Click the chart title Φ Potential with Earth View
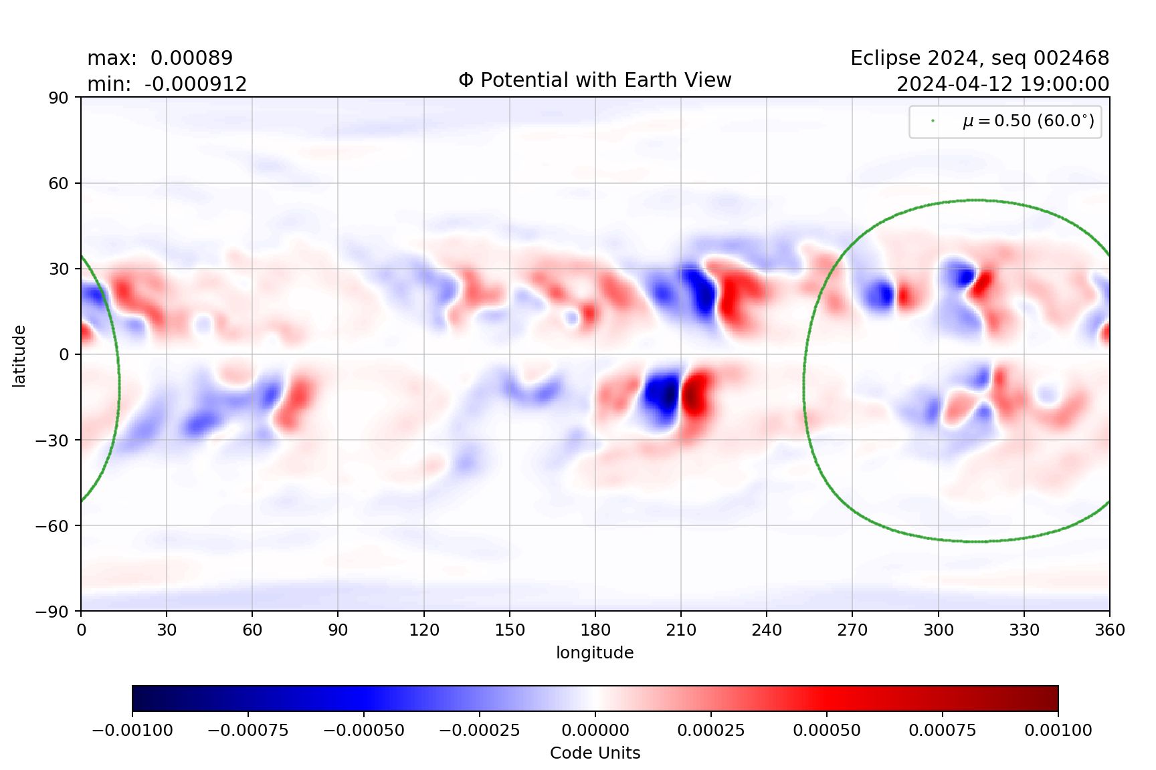point(595,80)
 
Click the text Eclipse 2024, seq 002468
point(979,58)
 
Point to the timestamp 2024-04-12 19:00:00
point(1002,84)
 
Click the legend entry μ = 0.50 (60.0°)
point(1028,121)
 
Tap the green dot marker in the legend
point(933,121)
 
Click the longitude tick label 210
point(681,630)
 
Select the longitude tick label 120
point(424,630)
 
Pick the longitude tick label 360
point(1110,630)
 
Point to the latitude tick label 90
point(58,98)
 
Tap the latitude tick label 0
point(64,354)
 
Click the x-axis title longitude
point(595,652)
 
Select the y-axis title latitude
point(19,356)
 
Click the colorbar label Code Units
point(595,753)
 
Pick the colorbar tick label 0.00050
point(827,730)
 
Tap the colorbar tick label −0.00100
point(132,730)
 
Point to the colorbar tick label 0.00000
point(595,730)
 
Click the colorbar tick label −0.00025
point(479,730)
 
